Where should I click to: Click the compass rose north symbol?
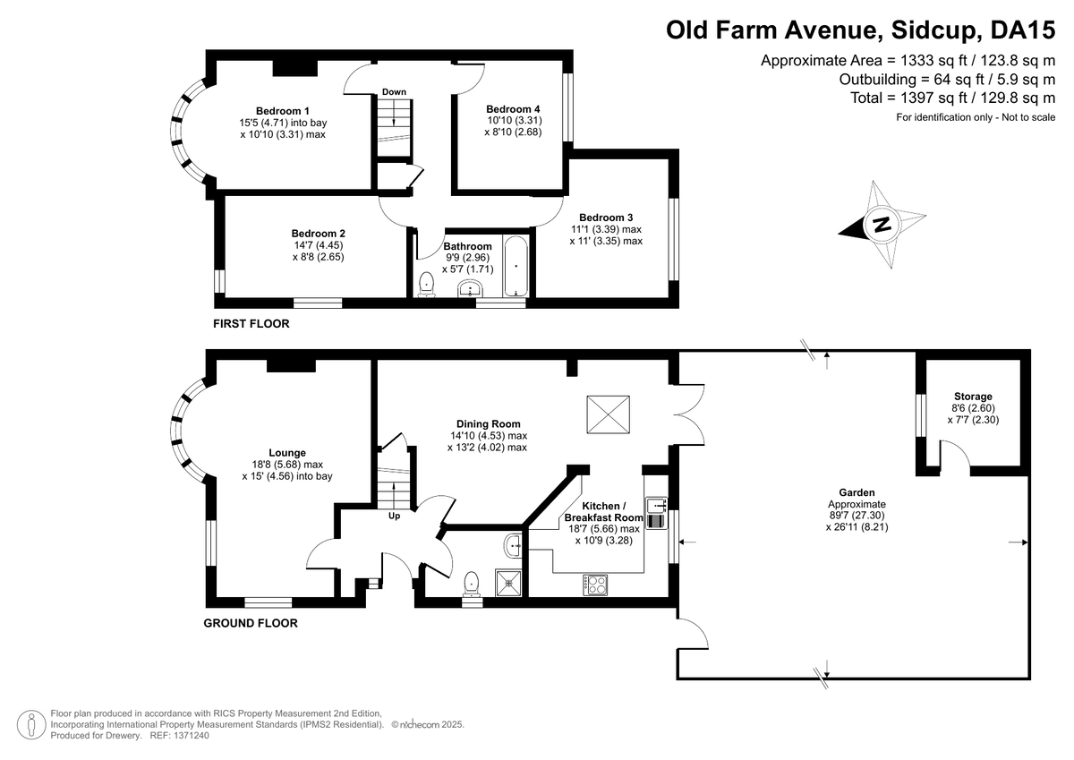point(882,224)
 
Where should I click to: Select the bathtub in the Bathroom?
point(516,266)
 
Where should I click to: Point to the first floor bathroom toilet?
point(427,283)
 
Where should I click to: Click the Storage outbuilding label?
point(972,397)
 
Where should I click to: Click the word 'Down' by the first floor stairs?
point(394,92)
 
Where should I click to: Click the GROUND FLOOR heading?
point(251,623)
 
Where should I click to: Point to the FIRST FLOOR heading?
point(251,323)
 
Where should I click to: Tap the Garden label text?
point(857,492)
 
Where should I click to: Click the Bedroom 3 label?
point(606,218)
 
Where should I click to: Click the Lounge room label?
point(286,453)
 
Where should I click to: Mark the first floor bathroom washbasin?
point(469,288)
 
